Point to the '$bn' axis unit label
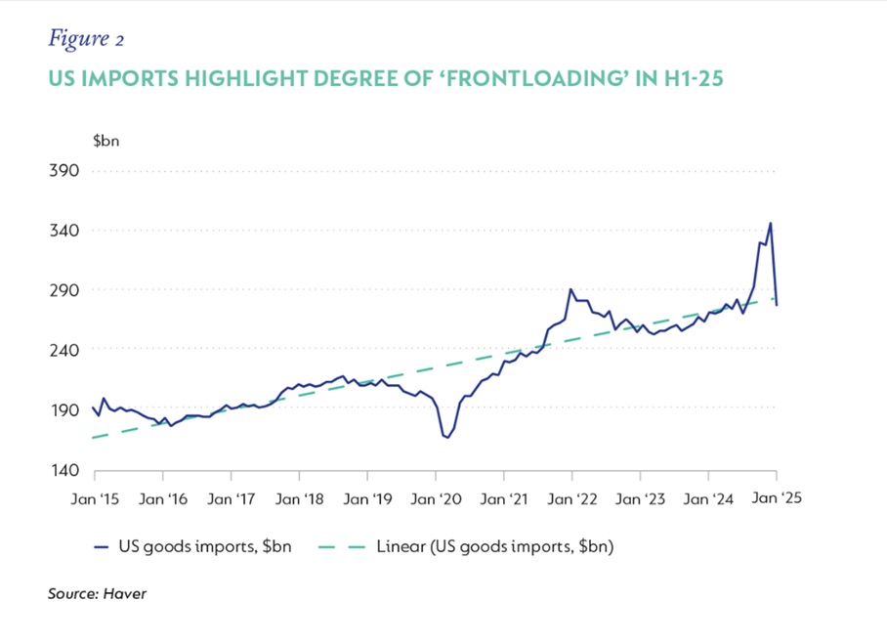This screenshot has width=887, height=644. (106, 142)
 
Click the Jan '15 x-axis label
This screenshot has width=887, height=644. (95, 498)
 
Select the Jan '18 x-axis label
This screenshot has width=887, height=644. (300, 498)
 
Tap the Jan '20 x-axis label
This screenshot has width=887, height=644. (436, 498)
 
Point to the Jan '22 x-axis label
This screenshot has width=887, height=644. (572, 498)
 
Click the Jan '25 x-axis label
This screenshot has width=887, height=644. (776, 498)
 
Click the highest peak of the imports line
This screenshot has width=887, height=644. (771, 223)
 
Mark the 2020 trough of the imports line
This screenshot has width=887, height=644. (447, 438)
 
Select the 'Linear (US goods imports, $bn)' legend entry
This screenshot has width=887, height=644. (494, 546)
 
